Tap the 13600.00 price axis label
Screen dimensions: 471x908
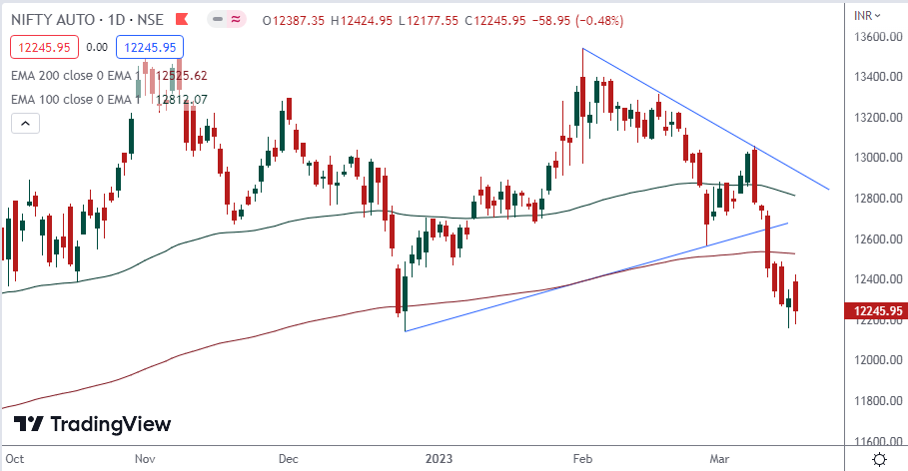876,37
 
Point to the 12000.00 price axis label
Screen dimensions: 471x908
876,360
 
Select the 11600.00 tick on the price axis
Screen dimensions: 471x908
876,441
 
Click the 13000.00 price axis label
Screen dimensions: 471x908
876,158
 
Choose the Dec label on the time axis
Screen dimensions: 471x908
289,459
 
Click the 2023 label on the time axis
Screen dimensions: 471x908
439,459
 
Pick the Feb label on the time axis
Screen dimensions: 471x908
581,459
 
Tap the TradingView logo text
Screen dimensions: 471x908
110,425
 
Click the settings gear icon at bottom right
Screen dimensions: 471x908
878,459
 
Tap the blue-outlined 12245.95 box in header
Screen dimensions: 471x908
146,46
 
